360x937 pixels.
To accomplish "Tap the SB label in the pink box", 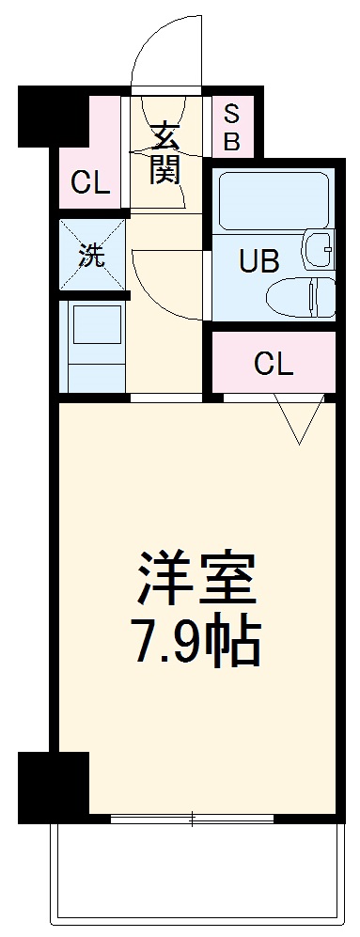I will point(231,129).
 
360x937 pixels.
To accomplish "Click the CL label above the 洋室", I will point(273,363).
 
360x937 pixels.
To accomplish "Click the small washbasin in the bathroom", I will point(318,249).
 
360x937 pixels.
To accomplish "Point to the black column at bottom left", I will point(53,786).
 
